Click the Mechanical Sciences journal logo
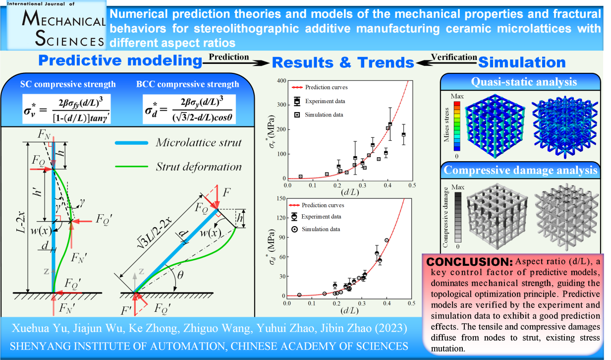(56, 25)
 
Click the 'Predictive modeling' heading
(120, 60)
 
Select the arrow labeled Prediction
(236, 63)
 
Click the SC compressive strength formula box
(66, 109)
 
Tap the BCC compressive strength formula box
(189, 109)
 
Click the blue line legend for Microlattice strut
(131, 143)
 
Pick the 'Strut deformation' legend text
(199, 167)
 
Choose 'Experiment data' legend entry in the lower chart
(316, 216)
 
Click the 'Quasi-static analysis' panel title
(524, 82)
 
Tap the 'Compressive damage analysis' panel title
(520, 170)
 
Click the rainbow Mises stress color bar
(457, 126)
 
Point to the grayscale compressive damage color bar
(458, 217)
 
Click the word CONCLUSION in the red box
(469, 262)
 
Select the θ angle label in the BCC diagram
(180, 275)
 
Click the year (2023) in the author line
(391, 328)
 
